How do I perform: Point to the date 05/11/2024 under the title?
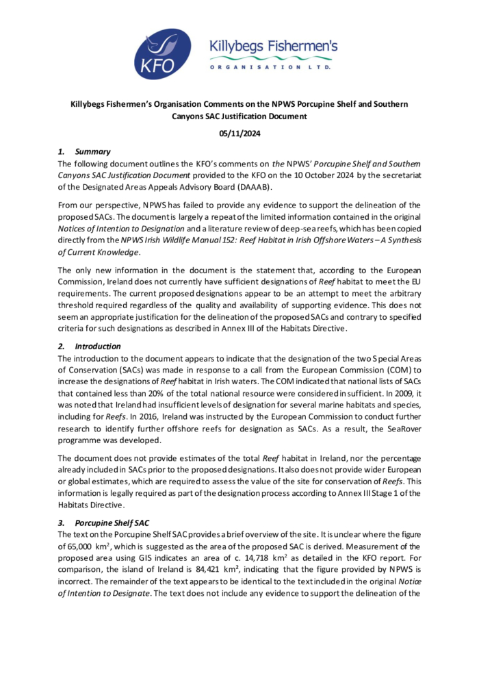(239, 134)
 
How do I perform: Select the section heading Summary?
(93, 152)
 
